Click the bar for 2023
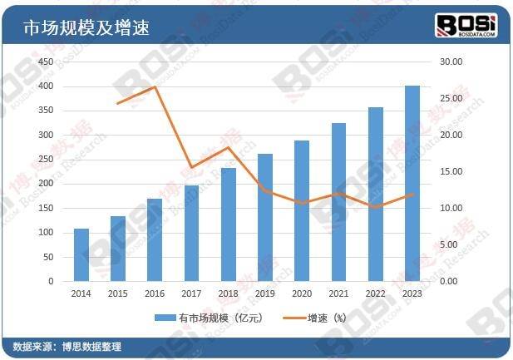point(412,184)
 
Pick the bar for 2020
point(301,211)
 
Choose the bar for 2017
point(191,234)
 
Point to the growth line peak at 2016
point(155,86)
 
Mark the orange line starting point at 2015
point(118,103)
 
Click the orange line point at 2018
point(228,147)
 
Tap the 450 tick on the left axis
point(46,62)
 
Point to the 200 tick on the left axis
point(46,184)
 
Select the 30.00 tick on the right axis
point(450,62)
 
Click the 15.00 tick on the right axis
point(450,171)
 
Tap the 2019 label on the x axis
point(264,294)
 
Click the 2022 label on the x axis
point(375,294)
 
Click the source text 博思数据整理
point(92,347)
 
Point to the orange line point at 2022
point(375,206)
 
